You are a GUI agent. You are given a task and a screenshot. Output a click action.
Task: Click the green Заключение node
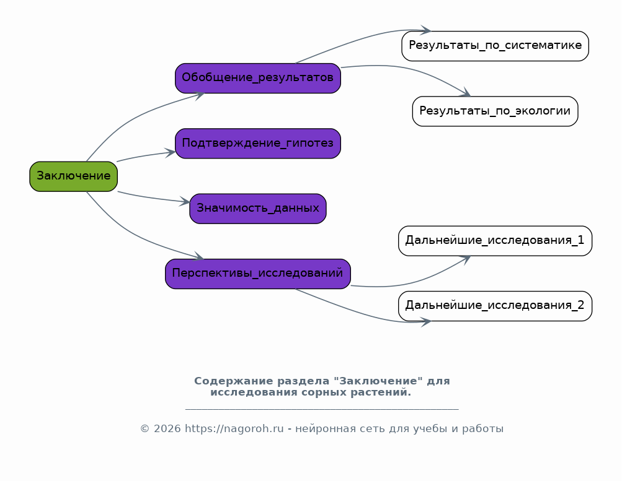(x=73, y=176)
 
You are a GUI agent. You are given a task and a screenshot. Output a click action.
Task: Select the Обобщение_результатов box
(x=258, y=78)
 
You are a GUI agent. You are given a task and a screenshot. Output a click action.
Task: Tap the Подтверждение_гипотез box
(x=258, y=144)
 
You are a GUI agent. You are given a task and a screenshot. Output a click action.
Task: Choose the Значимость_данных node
(x=258, y=209)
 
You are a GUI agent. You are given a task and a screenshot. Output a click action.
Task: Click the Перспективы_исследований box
(x=258, y=274)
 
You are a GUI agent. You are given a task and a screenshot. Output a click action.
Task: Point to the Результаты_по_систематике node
(x=495, y=46)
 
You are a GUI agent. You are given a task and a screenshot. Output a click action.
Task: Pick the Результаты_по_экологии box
(x=495, y=111)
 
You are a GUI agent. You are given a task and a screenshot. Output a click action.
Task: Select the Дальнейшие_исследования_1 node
(x=495, y=241)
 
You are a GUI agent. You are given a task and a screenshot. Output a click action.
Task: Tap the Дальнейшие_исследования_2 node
(x=495, y=306)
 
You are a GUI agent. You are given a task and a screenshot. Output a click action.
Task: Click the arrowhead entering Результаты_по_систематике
(x=426, y=30)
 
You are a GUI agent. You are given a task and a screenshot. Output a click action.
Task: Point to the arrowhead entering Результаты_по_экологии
(x=465, y=93)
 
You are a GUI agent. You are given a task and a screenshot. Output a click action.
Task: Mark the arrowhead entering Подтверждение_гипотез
(x=170, y=152)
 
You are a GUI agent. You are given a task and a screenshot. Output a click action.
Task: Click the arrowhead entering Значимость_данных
(x=185, y=201)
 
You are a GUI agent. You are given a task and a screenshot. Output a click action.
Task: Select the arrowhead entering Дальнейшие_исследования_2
(x=426, y=322)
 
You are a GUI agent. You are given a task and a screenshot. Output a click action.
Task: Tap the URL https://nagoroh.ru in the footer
(x=234, y=429)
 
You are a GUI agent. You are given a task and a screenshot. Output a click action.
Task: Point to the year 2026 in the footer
(x=167, y=429)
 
